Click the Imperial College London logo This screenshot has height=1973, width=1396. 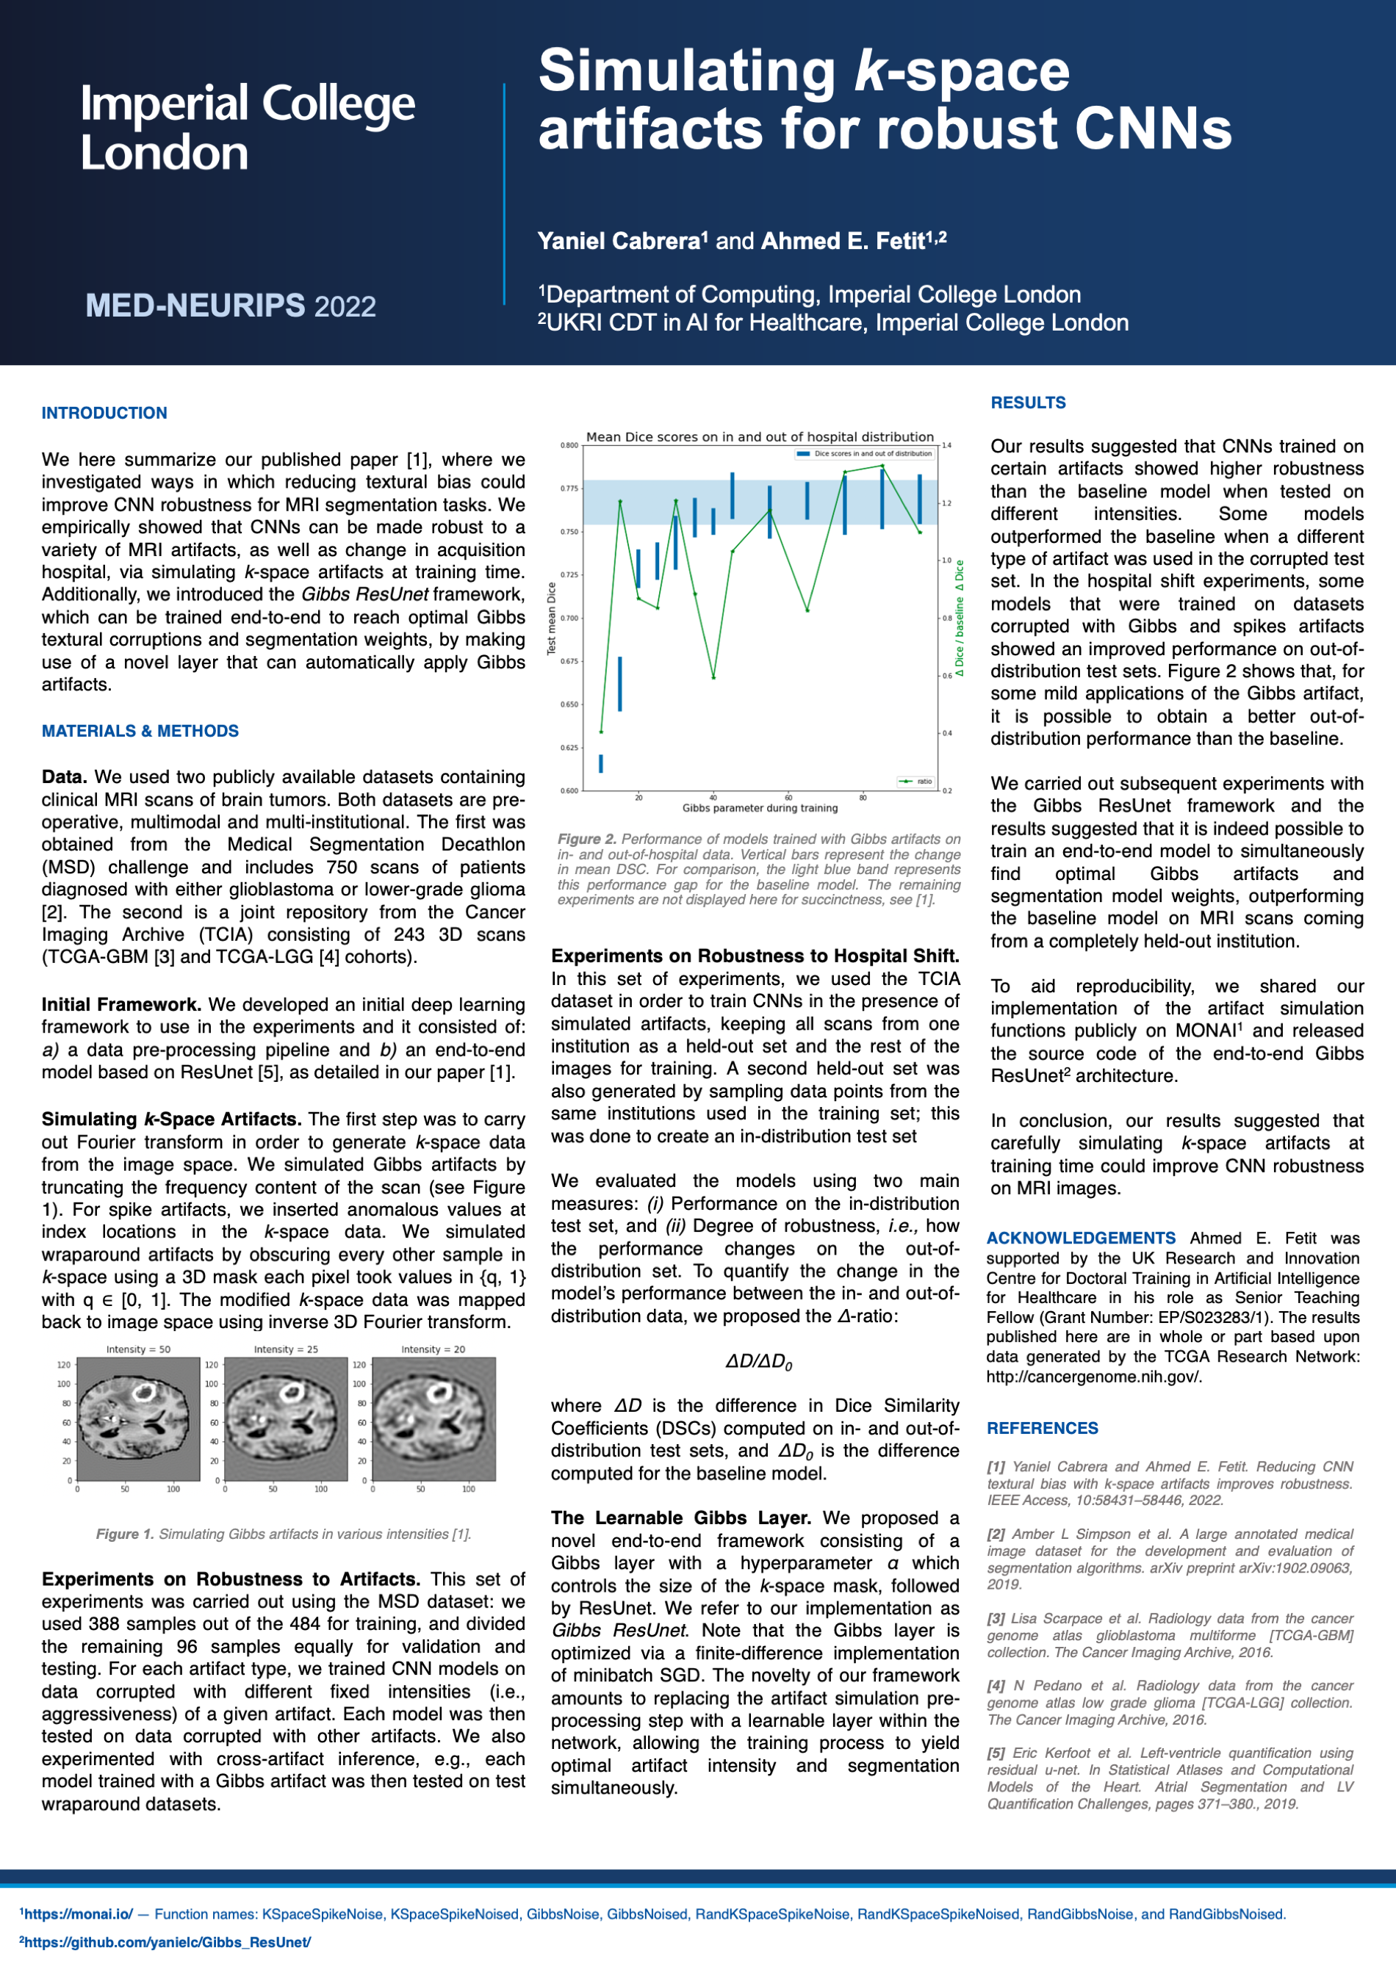248,127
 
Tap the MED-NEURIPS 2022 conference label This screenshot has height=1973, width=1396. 231,306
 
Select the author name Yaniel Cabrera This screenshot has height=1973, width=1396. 618,242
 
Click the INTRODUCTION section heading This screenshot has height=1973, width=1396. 104,414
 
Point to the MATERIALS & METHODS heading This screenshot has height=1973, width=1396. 140,732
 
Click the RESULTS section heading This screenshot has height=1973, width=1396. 1028,403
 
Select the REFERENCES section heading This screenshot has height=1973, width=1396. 1042,1428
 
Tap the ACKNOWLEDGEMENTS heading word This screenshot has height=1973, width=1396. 1081,1238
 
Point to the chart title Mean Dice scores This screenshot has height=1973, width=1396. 759,436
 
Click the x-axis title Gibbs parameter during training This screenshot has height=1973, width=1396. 759,808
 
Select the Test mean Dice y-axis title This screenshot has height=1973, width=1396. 552,618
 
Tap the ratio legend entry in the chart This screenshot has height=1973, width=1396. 916,781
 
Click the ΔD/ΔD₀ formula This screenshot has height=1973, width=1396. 758,1361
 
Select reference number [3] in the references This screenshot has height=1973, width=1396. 996,1619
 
